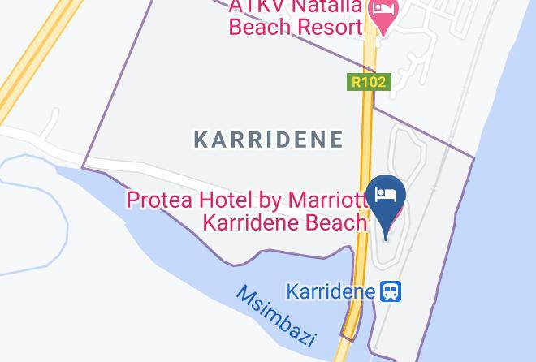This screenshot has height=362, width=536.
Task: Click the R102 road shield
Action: [368, 82]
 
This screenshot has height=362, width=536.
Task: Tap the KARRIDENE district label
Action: [268, 140]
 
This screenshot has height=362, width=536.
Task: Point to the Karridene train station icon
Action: [391, 291]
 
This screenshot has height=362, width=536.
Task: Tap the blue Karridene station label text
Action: [331, 291]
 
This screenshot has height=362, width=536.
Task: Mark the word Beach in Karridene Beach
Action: [326, 222]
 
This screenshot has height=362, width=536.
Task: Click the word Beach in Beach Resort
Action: [259, 28]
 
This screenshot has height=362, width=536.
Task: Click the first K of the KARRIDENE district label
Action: [201, 140]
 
